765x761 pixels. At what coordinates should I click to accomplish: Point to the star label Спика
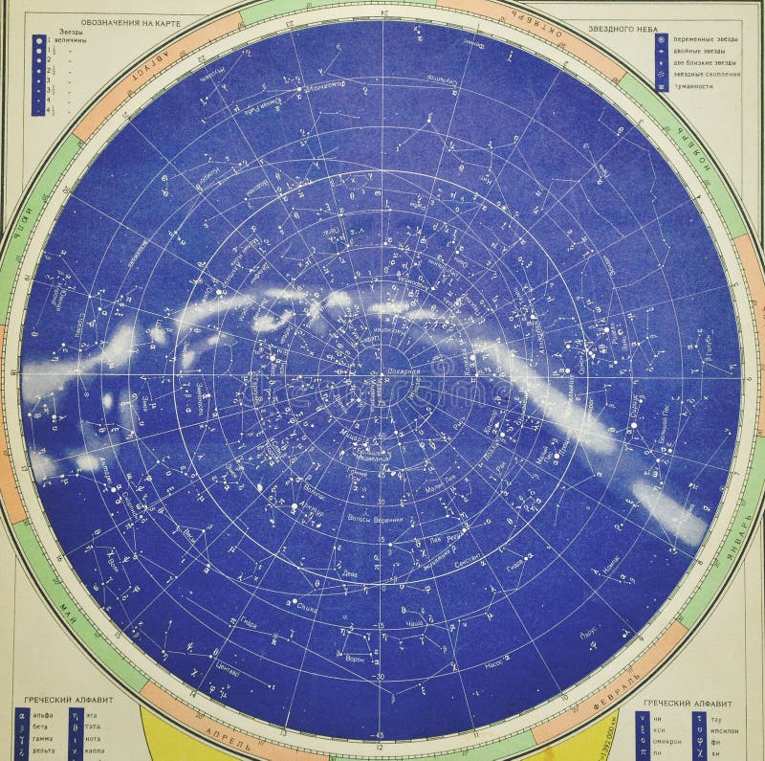(307, 607)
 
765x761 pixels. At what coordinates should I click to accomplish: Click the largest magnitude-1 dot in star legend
(38, 41)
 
